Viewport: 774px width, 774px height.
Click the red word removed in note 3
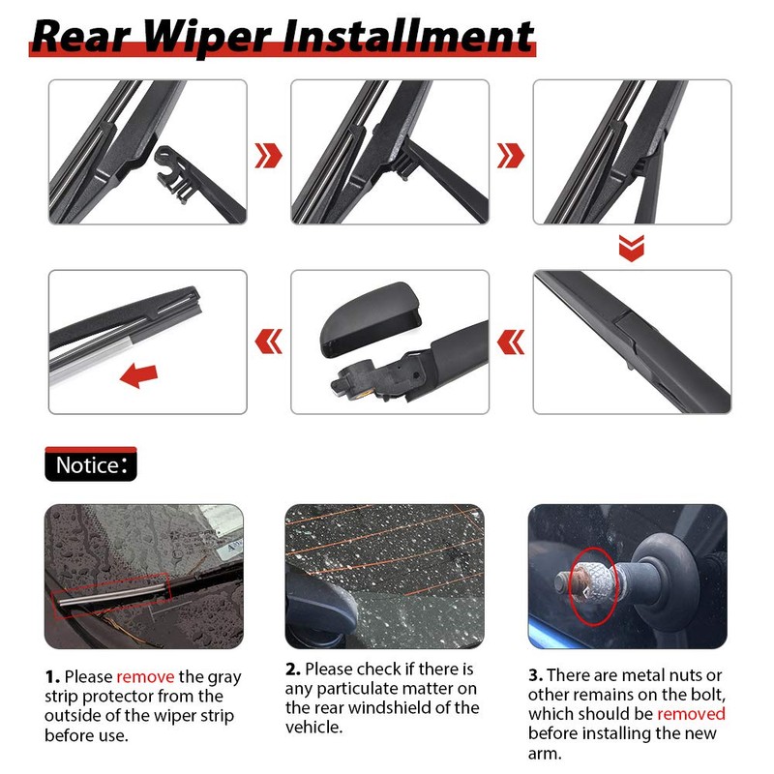(691, 714)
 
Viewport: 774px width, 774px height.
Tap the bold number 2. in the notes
(293, 669)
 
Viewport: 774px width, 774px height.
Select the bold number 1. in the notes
(52, 676)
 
